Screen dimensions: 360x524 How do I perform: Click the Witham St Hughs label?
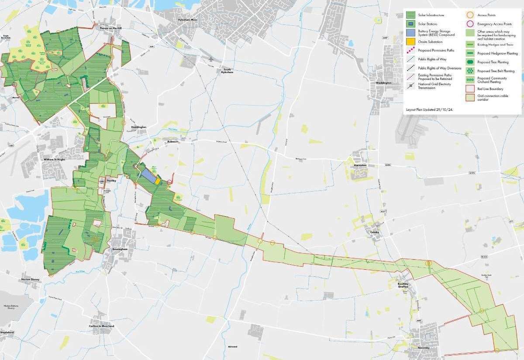pyautogui.click(x=54, y=160)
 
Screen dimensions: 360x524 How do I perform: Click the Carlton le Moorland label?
pyautogui.click(x=101, y=326)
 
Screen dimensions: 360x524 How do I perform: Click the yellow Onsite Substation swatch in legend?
pyautogui.click(x=410, y=42)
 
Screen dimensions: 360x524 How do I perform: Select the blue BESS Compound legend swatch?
pyautogui.click(x=410, y=33)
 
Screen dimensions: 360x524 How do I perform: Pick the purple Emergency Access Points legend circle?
pyautogui.click(x=469, y=24)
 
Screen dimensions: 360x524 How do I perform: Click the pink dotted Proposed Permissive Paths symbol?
pyautogui.click(x=410, y=51)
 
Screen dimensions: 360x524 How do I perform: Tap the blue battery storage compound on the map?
pyautogui.click(x=148, y=176)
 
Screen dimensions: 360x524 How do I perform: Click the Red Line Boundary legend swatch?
pyautogui.click(x=469, y=89)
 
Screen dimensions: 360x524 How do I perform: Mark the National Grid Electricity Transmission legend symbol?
pyautogui.click(x=410, y=85)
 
